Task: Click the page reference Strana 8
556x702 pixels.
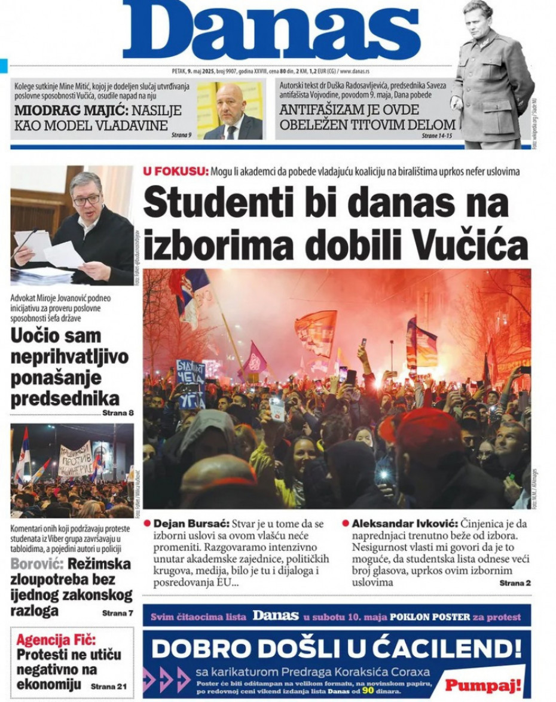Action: pyautogui.click(x=118, y=412)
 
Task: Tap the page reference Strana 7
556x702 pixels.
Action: pyautogui.click(x=118, y=612)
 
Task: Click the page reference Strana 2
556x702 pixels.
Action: pyautogui.click(x=515, y=583)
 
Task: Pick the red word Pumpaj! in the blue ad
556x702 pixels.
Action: pyautogui.click(x=483, y=685)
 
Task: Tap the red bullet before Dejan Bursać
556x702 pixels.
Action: pyautogui.click(x=148, y=523)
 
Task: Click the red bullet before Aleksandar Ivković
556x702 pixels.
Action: pyautogui.click(x=346, y=523)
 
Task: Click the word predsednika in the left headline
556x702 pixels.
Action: pyautogui.click(x=65, y=398)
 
